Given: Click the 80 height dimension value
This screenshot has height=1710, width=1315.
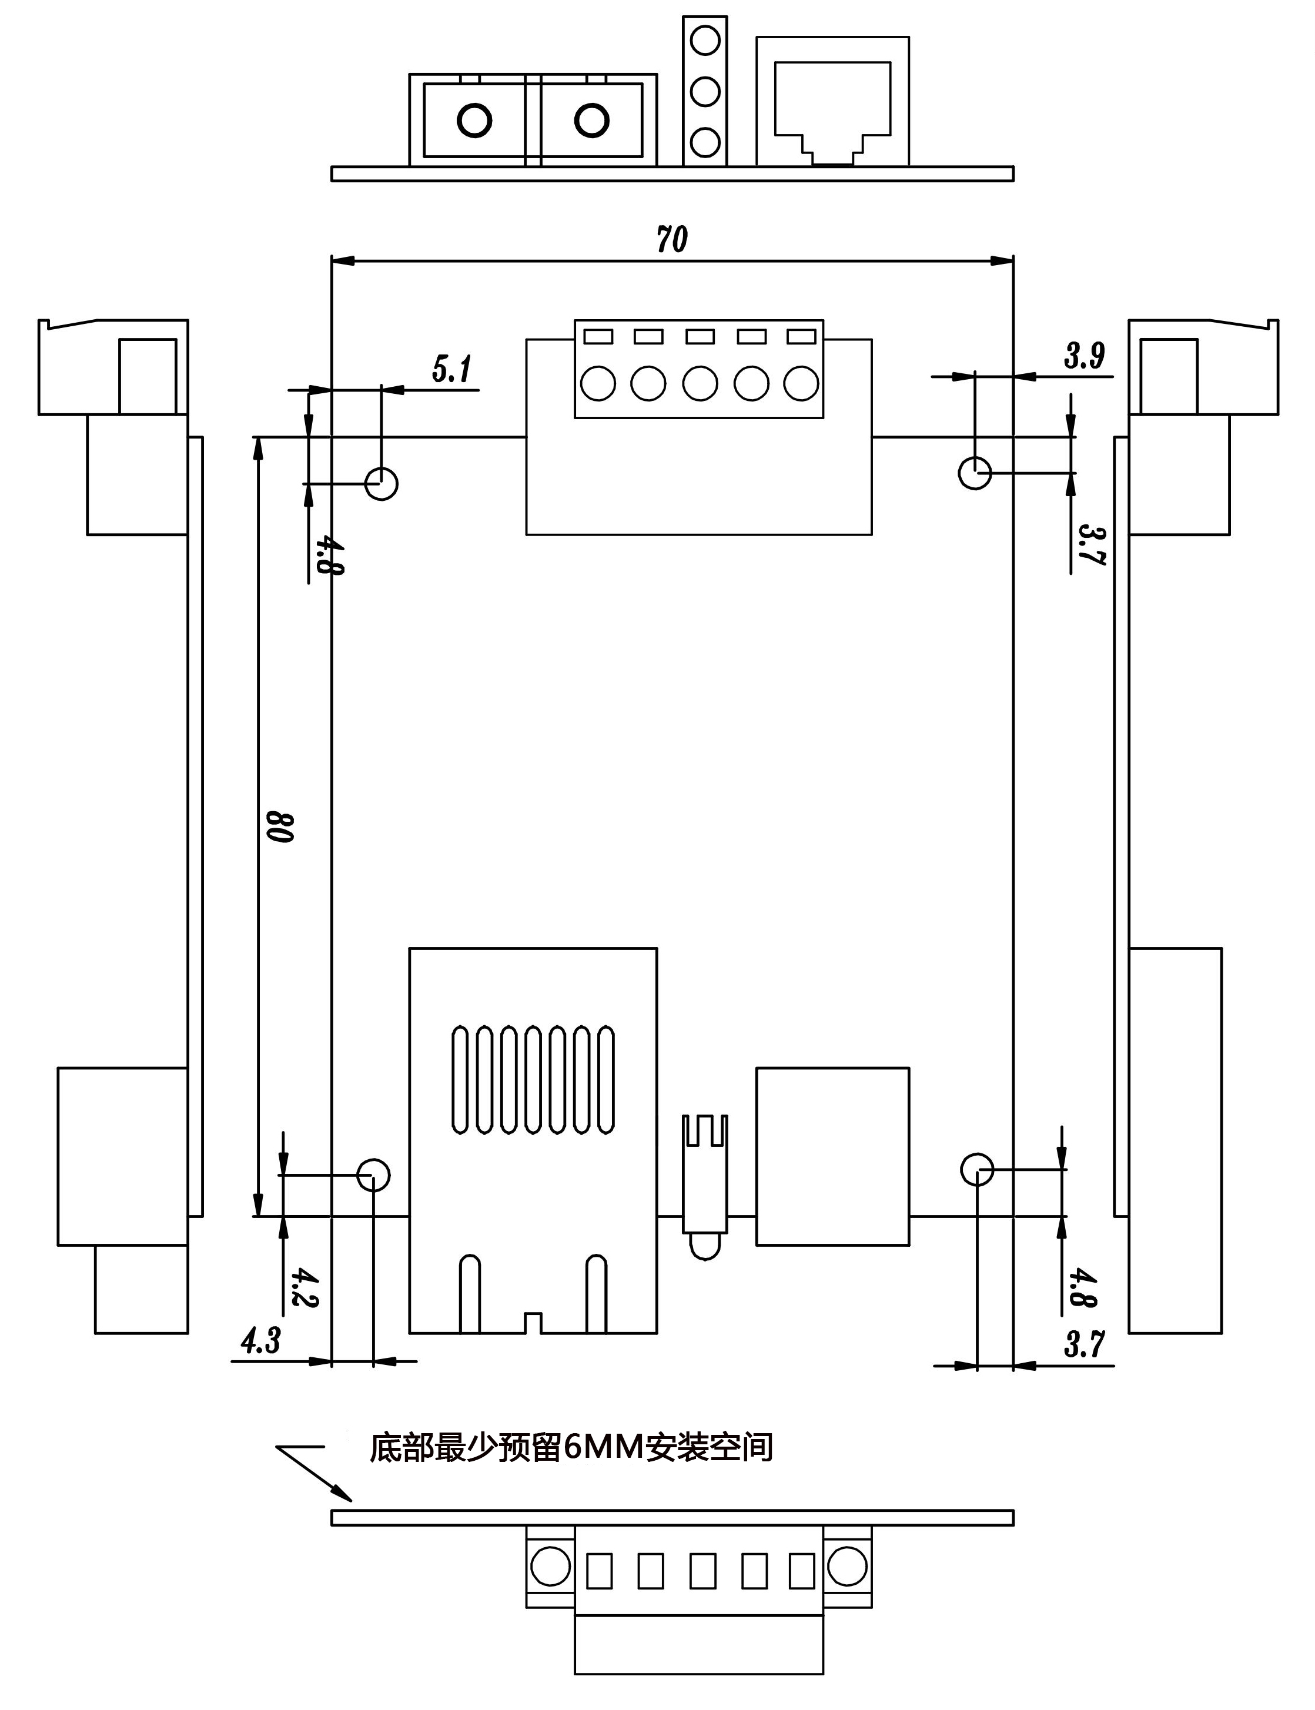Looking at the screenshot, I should click(279, 828).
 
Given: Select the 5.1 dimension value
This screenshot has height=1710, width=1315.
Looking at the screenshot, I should click(453, 369).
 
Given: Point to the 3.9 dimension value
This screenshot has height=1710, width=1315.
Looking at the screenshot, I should click(1084, 356).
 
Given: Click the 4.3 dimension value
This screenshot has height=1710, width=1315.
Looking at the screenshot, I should click(260, 1341).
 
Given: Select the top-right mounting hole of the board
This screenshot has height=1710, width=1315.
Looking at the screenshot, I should click(975, 473).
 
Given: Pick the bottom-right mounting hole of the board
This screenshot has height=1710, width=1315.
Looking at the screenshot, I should click(977, 1169).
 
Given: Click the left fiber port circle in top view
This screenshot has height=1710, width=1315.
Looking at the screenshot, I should click(474, 121).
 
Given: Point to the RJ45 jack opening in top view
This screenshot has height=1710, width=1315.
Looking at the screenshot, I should click(832, 109).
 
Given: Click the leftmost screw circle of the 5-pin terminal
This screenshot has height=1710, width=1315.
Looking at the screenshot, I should click(598, 383).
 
